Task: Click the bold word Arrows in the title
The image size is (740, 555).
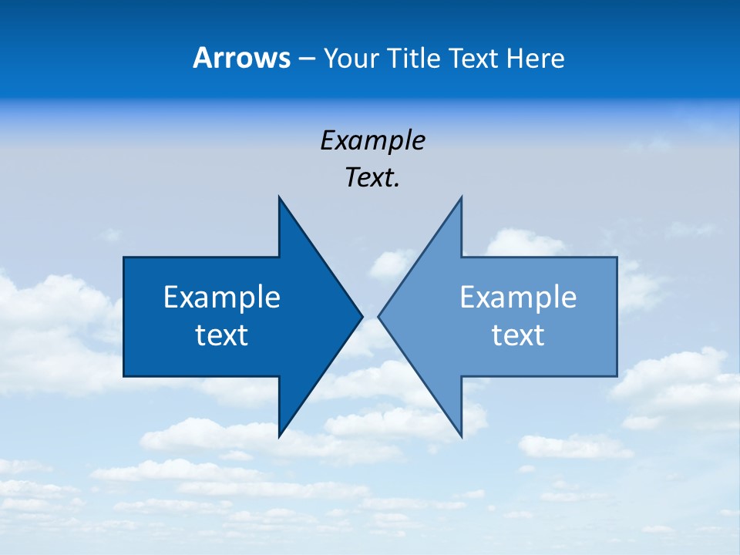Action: [241, 59]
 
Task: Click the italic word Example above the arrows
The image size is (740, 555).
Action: [372, 141]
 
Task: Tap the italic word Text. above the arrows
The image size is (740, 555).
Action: [372, 178]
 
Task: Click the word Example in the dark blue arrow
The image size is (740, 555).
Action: [222, 298]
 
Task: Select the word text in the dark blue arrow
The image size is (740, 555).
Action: [222, 335]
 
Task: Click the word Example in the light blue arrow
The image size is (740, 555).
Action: [518, 298]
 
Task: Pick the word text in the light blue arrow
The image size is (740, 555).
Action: [518, 335]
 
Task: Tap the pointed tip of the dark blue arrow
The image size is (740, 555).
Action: [362, 316]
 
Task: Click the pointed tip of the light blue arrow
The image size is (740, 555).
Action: [379, 316]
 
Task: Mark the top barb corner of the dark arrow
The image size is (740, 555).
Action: [279, 197]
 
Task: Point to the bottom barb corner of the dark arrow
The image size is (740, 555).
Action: [279, 436]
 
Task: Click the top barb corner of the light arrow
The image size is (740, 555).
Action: [461, 197]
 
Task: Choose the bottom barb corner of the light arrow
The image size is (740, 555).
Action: [461, 436]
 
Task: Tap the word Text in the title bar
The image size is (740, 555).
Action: [475, 59]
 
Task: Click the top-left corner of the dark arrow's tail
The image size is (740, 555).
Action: [124, 257]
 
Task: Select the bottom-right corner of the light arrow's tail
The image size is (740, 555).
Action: [617, 376]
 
